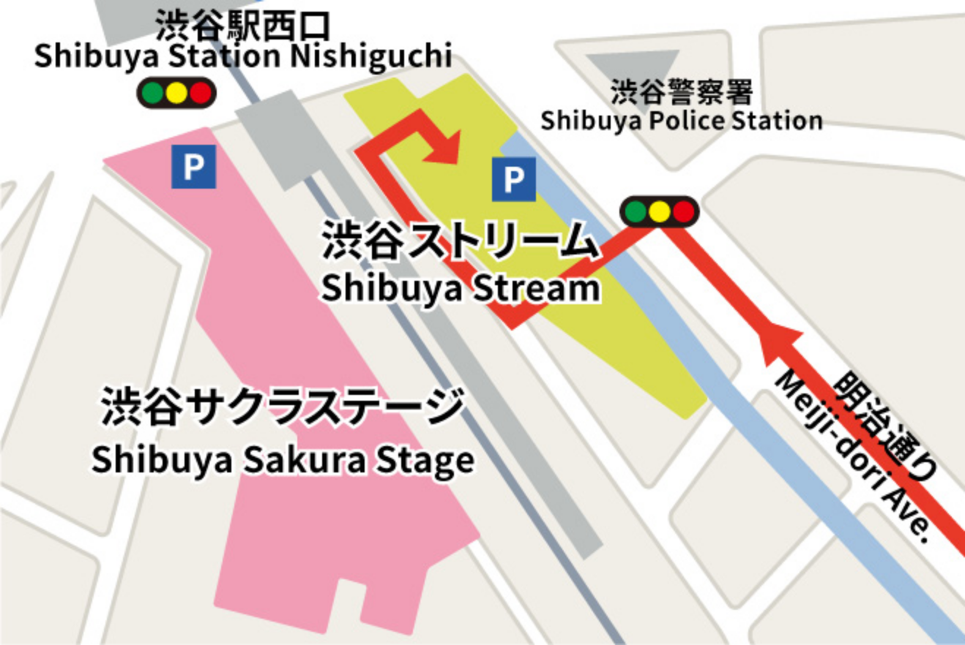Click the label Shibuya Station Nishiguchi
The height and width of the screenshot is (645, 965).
click(x=243, y=57)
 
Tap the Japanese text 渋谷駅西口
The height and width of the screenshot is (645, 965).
click(x=243, y=26)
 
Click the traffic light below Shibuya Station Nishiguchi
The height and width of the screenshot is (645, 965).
click(x=176, y=93)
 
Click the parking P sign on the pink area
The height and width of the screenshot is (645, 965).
click(x=193, y=167)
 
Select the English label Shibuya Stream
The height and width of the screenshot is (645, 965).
click(x=460, y=289)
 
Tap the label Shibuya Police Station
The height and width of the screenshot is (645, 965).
click(x=681, y=121)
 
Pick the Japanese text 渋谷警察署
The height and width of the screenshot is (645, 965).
click(x=682, y=93)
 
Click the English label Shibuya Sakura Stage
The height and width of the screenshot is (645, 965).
click(x=283, y=461)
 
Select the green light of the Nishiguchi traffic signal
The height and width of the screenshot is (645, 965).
click(x=153, y=93)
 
